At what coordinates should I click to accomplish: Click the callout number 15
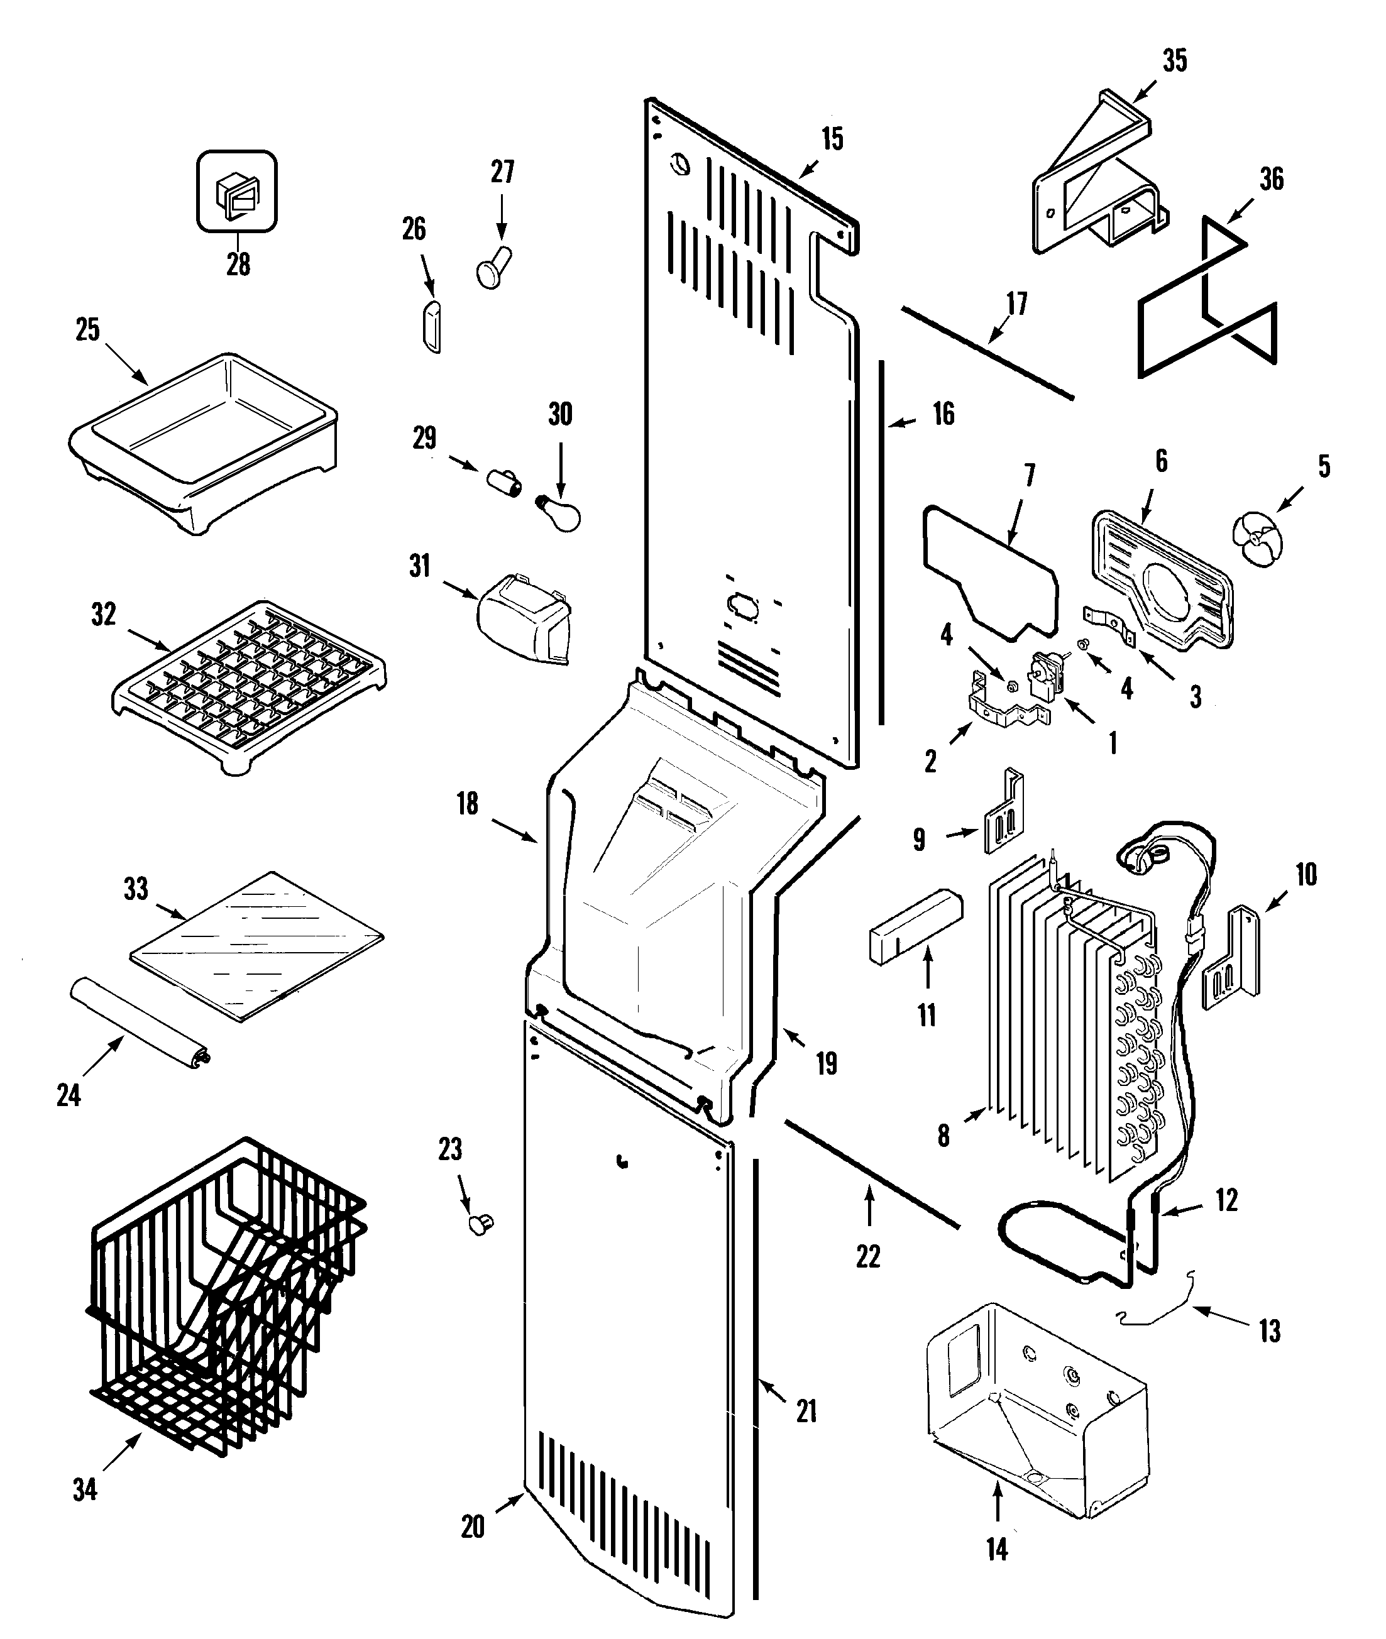click(x=832, y=139)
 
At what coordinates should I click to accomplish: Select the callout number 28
click(x=238, y=264)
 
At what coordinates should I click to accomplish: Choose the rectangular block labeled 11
click(x=915, y=926)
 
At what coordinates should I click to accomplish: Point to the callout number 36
click(x=1270, y=179)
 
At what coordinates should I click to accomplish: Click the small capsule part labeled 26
click(x=431, y=326)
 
